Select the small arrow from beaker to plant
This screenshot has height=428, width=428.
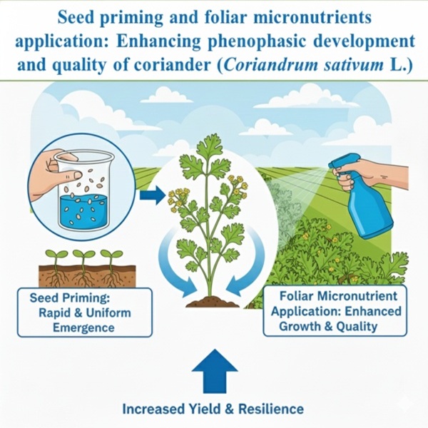click(153, 195)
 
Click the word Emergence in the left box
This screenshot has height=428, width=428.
click(83, 327)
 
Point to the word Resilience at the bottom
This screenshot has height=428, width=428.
click(271, 409)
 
